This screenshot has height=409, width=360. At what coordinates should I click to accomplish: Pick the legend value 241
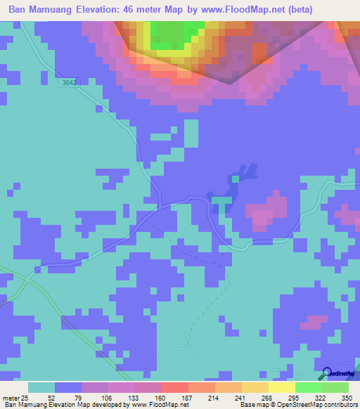coord(241,398)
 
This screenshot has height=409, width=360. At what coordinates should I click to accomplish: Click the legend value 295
coord(295,398)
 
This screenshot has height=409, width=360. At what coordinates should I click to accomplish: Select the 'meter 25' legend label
coord(16,398)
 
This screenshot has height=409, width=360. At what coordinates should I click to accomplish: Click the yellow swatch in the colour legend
coord(281,387)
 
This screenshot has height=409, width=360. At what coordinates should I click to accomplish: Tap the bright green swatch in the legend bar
coord(308,387)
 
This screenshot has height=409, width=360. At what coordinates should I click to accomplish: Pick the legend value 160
coord(161,398)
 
